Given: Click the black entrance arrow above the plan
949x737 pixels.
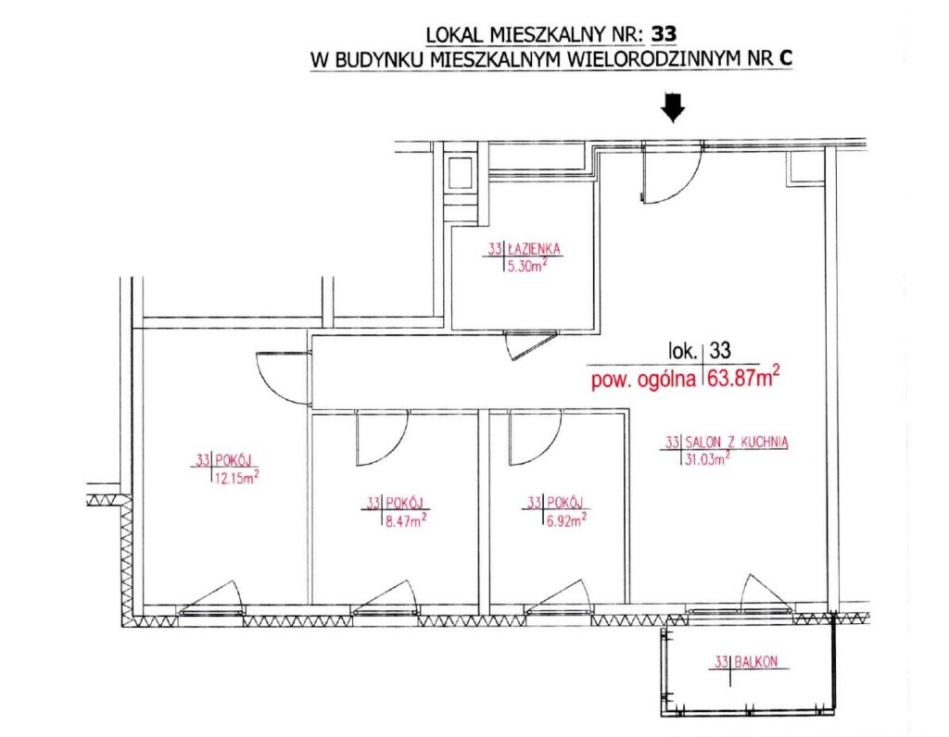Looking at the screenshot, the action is [673, 107].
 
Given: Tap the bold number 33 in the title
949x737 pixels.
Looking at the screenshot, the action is [664, 34].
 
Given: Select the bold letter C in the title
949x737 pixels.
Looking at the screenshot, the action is [786, 58].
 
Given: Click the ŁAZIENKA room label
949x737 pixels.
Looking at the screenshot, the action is [534, 248].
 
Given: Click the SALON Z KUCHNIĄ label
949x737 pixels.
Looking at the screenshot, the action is [736, 442].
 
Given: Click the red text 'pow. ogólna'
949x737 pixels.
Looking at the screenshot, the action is [643, 381].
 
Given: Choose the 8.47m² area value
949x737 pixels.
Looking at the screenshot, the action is [406, 519].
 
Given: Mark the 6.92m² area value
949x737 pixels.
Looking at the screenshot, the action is [567, 519].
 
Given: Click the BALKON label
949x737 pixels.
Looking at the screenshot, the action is [756, 661].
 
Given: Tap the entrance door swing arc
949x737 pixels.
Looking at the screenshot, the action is [684, 184].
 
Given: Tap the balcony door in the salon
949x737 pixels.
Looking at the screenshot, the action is [765, 593].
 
